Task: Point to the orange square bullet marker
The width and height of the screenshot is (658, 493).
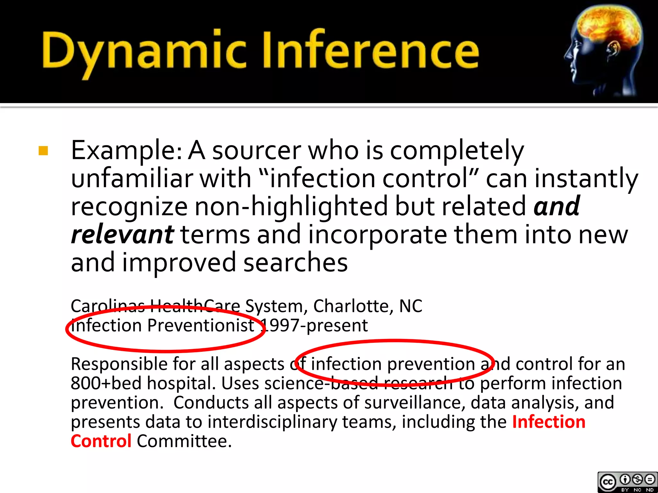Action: coord(43,151)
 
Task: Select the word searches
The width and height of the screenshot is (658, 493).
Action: coord(295,262)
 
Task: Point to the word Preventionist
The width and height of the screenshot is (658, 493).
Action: coord(201,325)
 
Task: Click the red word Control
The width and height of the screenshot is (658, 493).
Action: coord(101,441)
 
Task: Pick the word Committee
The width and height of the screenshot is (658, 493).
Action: coord(184,441)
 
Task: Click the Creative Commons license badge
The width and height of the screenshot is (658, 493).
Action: coord(627,482)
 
